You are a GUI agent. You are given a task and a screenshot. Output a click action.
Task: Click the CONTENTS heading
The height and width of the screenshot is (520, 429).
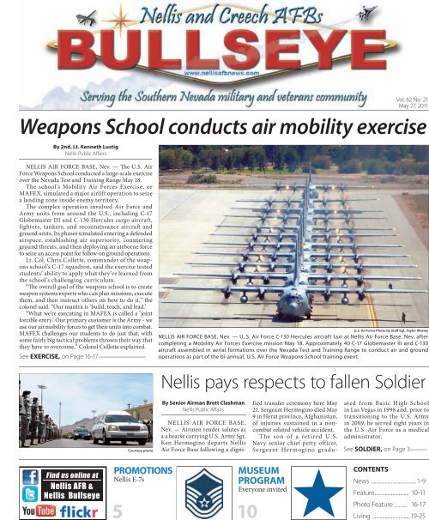[x=361, y=471]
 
